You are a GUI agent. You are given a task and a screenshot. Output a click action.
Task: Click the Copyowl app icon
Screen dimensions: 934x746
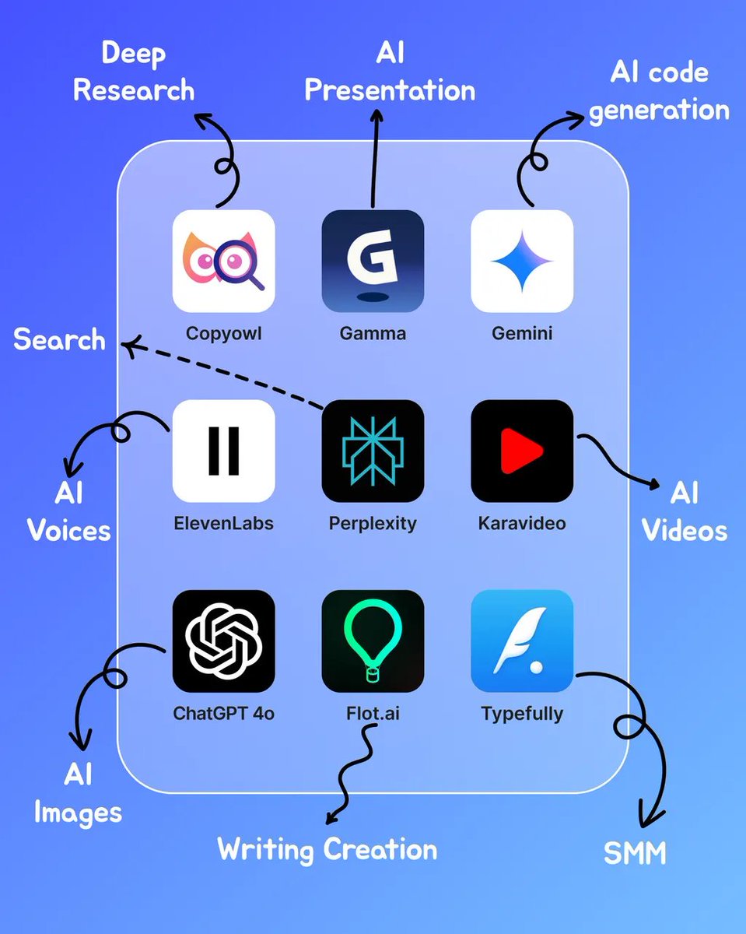[223, 261]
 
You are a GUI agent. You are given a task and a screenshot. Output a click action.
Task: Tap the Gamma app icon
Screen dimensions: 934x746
[373, 261]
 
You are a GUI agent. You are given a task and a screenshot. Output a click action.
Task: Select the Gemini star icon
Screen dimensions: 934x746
[522, 261]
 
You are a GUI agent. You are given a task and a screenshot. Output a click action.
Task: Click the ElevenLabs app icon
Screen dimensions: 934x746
[223, 451]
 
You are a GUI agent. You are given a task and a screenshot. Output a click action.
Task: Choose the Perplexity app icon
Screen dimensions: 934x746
[373, 451]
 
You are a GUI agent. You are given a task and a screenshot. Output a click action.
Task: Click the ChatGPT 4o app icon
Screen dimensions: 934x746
[223, 641]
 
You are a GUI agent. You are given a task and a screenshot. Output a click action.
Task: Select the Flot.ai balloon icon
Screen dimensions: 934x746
[373, 641]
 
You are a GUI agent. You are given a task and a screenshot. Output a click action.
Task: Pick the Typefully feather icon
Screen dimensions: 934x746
[522, 641]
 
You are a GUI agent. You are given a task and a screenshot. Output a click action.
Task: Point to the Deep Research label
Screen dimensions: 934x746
[134, 72]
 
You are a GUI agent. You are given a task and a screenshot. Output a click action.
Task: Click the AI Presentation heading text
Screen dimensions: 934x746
[389, 72]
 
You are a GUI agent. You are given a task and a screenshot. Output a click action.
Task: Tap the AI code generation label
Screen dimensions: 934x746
[659, 91]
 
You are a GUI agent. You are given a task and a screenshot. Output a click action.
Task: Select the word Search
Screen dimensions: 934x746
[59, 340]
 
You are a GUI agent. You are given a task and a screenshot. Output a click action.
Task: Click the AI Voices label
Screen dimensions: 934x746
[69, 512]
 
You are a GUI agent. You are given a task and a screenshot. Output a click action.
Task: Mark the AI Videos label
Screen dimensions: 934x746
[685, 512]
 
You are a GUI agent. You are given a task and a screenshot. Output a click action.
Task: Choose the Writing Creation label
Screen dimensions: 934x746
[327, 848]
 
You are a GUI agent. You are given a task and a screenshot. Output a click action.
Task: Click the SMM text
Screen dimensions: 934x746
[635, 854]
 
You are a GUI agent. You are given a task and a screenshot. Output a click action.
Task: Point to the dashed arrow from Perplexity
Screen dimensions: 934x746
[226, 376]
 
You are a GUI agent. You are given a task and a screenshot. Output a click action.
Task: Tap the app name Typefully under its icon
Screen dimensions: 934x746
[522, 713]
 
